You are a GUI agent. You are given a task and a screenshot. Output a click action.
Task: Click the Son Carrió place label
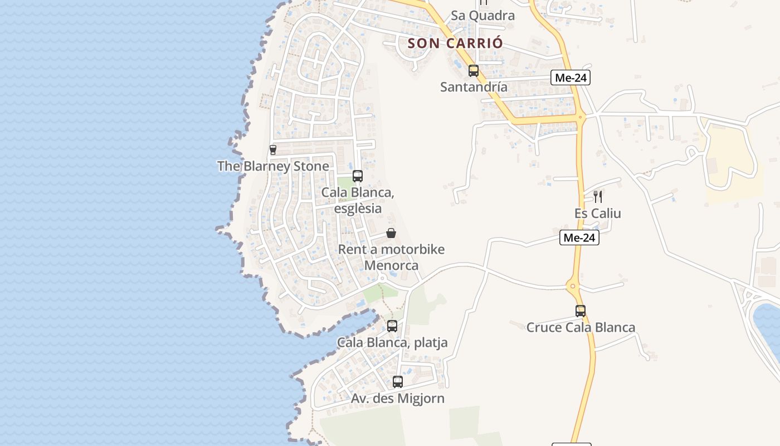455,43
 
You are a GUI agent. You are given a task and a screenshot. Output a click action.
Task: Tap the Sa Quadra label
482,16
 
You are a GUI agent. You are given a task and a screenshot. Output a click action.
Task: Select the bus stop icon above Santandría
474,71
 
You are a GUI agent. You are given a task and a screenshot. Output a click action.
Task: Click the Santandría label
474,87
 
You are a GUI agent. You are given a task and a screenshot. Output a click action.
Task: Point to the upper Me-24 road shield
571,78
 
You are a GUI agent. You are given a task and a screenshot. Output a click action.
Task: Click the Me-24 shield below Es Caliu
579,238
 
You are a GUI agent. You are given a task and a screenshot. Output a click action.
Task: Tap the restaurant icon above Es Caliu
598,196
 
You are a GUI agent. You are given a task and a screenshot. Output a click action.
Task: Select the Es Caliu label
598,214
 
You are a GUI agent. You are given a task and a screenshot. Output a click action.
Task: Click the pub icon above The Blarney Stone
273,149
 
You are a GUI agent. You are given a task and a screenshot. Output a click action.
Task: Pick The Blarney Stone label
273,166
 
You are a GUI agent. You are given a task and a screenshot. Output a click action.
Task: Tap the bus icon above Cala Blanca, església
358,176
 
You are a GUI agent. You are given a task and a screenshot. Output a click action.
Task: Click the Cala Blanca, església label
358,200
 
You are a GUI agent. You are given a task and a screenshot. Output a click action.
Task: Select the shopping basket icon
391,233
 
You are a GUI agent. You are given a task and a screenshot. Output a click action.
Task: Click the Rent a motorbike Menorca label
391,257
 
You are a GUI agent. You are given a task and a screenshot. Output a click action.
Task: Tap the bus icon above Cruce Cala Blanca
581,311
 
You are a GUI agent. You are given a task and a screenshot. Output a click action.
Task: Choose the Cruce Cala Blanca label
581,327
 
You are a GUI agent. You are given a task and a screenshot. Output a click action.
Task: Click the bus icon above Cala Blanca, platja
392,326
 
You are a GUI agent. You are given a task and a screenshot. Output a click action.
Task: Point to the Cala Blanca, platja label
392,342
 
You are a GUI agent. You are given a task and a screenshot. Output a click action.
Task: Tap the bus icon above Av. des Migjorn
398,382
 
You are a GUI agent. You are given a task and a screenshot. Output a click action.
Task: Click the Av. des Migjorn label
398,399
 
